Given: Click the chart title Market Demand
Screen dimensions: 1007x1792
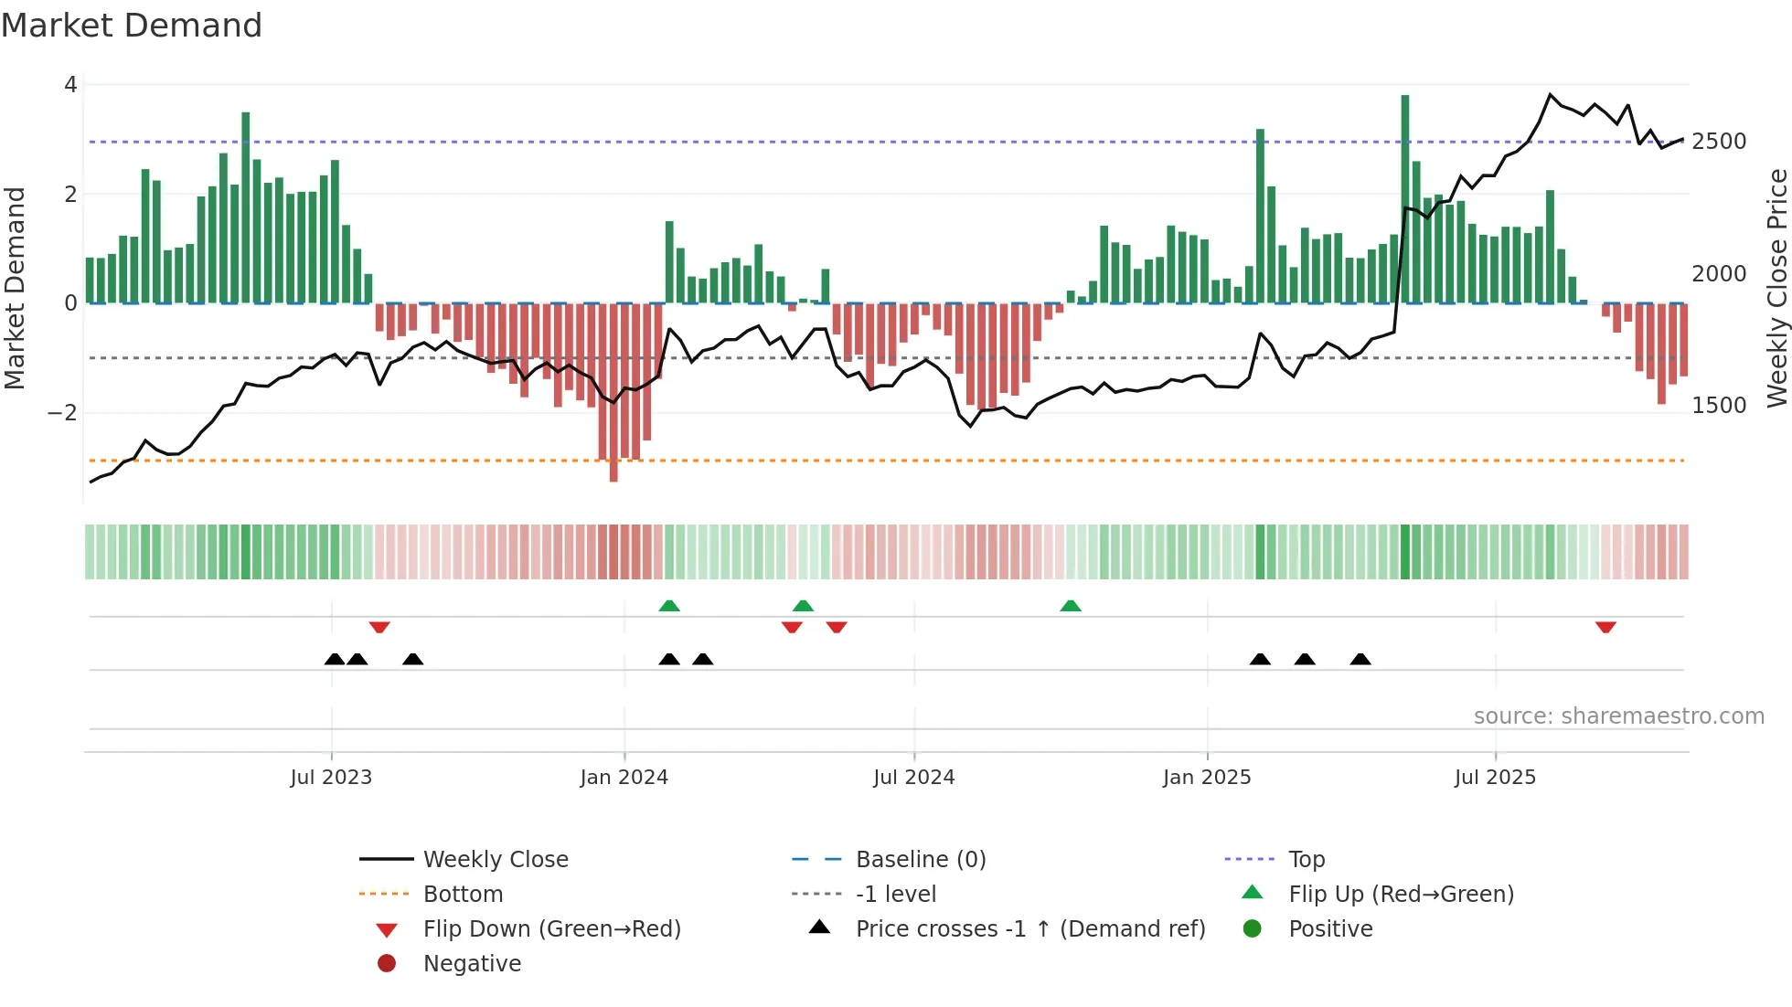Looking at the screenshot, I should click(x=132, y=26).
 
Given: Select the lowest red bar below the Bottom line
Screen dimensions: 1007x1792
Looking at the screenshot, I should click(x=613, y=471).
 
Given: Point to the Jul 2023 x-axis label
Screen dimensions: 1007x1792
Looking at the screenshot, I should click(x=331, y=778).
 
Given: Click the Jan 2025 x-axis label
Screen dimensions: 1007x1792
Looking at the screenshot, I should click(x=1207, y=778).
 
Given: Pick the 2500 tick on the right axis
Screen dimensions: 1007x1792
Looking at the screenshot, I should click(x=1719, y=142).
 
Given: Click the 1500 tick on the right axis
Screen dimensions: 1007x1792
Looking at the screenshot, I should click(x=1719, y=406).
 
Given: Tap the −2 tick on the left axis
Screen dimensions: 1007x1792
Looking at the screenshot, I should click(x=62, y=412).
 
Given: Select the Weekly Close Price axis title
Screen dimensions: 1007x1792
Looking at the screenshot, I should click(x=1776, y=288).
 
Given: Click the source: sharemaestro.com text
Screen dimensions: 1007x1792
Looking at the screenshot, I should click(x=1618, y=716).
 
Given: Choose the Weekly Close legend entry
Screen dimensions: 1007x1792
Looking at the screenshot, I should click(x=495, y=860).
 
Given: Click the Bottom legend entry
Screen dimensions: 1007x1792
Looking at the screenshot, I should click(x=463, y=895).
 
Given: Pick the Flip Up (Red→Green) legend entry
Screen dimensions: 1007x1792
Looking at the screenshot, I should click(x=1401, y=895).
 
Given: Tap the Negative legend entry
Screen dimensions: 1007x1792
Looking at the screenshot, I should click(x=472, y=964).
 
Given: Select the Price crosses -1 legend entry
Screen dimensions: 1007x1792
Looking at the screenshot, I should click(x=1029, y=929).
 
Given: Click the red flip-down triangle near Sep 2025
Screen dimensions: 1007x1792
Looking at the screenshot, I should click(x=1605, y=627).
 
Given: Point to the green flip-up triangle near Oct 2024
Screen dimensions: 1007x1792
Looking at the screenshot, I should click(x=1071, y=606).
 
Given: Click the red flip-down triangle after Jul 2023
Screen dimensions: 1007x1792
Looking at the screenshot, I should click(x=379, y=627).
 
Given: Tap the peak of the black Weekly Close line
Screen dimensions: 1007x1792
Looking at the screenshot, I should click(x=1551, y=94).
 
